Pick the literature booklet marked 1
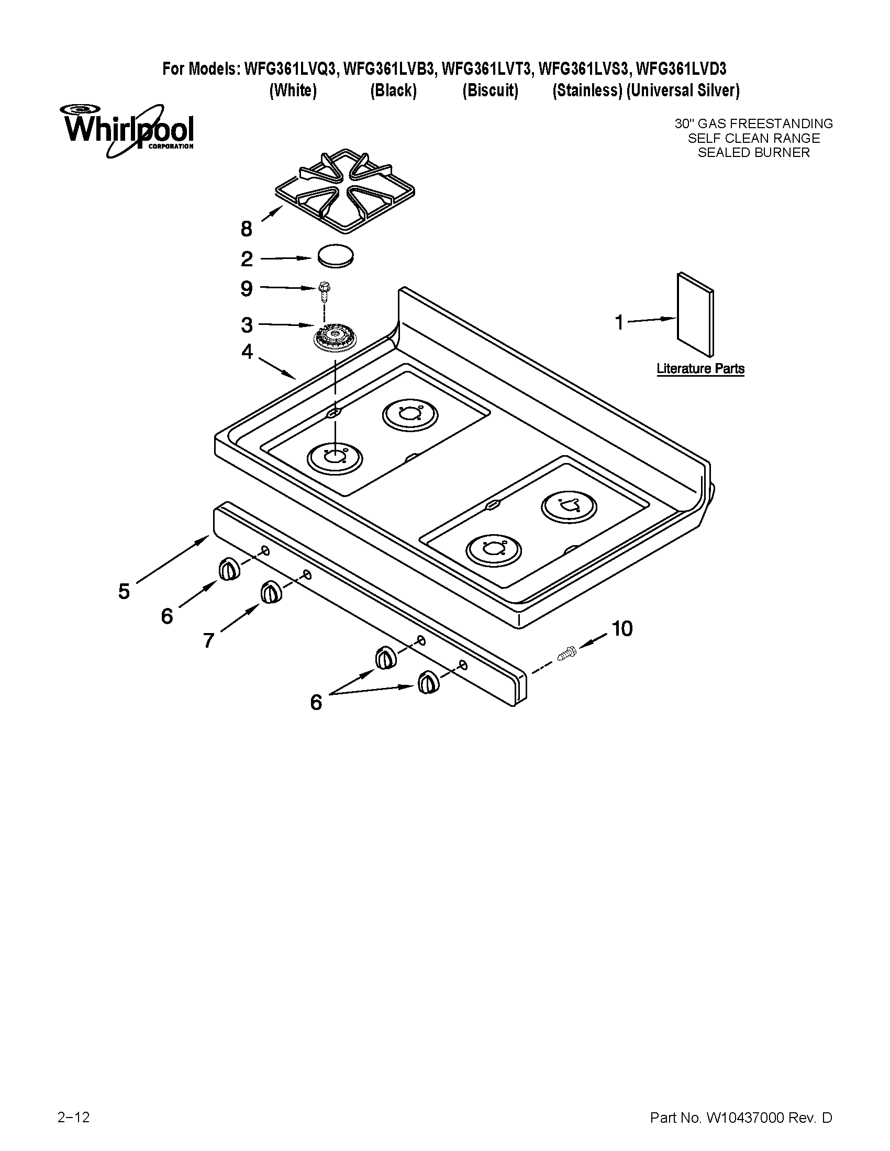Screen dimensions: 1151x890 (x=695, y=314)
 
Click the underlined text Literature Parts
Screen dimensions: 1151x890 (x=700, y=368)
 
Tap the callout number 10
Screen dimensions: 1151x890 (x=622, y=629)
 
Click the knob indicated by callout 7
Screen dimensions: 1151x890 (x=271, y=592)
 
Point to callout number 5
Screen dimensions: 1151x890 (x=124, y=591)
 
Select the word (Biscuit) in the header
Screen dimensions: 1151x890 (x=491, y=91)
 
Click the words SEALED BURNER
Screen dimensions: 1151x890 (x=753, y=153)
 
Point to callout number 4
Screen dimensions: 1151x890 (x=247, y=352)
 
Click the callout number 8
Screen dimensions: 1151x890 (x=247, y=229)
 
